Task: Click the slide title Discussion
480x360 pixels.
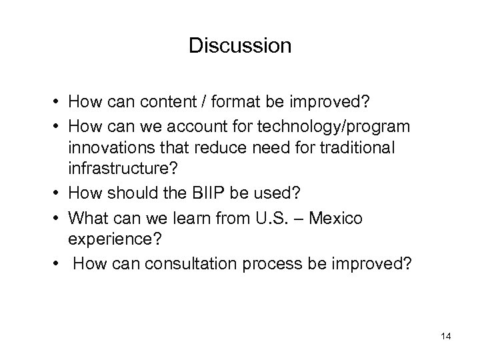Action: tap(240, 45)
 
